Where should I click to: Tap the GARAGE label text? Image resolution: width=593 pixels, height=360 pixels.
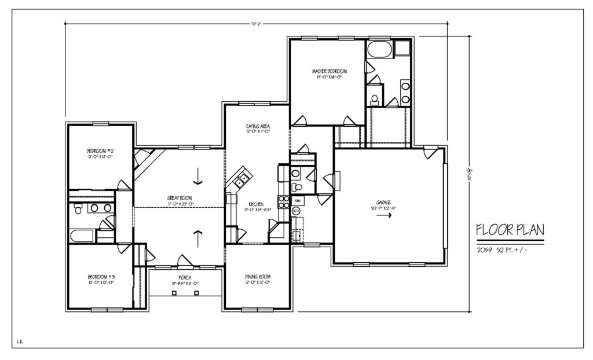(383, 202)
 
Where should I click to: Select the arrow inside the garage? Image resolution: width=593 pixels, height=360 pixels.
(383, 215)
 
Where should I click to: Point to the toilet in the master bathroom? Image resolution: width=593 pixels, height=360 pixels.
(375, 99)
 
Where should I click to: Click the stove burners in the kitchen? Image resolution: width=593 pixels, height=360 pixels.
(284, 202)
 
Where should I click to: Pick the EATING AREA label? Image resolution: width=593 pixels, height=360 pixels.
(258, 126)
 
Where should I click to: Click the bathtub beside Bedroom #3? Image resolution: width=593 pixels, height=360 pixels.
(81, 236)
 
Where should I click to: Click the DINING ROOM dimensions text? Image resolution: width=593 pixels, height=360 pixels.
(258, 282)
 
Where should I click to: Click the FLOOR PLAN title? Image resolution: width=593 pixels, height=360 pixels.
(510, 229)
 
